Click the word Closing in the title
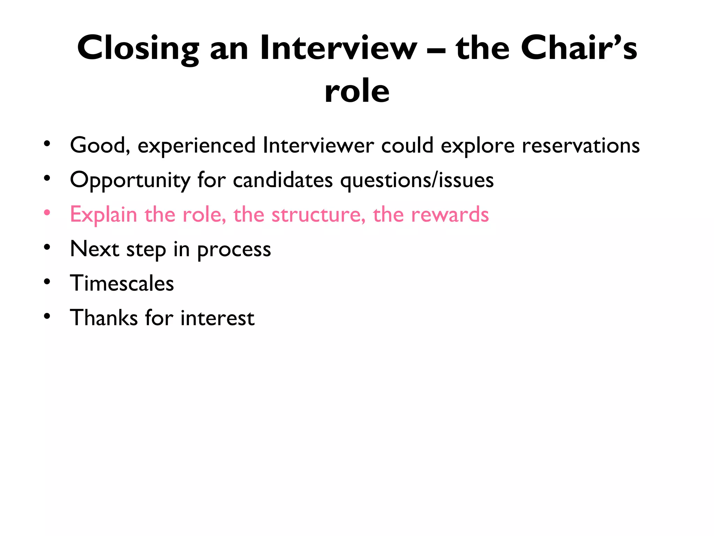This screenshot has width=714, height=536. point(138,49)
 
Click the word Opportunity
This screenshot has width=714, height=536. point(130,180)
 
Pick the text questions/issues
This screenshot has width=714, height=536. point(417,180)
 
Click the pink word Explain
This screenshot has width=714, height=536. point(104,214)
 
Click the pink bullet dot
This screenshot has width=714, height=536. point(47,213)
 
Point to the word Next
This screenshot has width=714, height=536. point(94,249)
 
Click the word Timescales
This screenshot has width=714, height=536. point(122,283)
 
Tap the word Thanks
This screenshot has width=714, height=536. point(104,318)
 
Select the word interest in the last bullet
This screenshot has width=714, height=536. point(218,318)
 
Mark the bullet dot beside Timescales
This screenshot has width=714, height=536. point(47,282)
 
